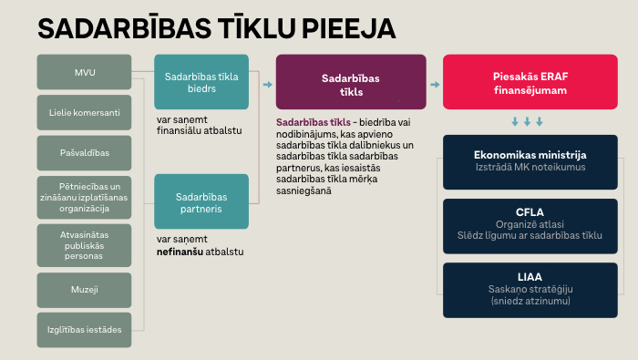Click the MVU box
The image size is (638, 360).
pos(85,72)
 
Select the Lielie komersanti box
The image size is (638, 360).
pos(85,113)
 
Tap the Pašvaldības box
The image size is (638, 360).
pos(85,153)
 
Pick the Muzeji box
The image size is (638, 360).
pos(85,289)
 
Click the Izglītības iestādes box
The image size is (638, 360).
pos(85,329)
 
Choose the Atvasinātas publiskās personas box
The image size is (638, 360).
pos(85,243)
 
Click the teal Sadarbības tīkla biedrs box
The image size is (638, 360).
pos(201,83)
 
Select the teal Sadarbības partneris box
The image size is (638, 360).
pos(201,201)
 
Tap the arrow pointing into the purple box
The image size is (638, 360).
pos(267,84)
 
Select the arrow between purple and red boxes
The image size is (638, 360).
pos(435,84)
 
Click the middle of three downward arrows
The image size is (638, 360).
pos(527,121)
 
